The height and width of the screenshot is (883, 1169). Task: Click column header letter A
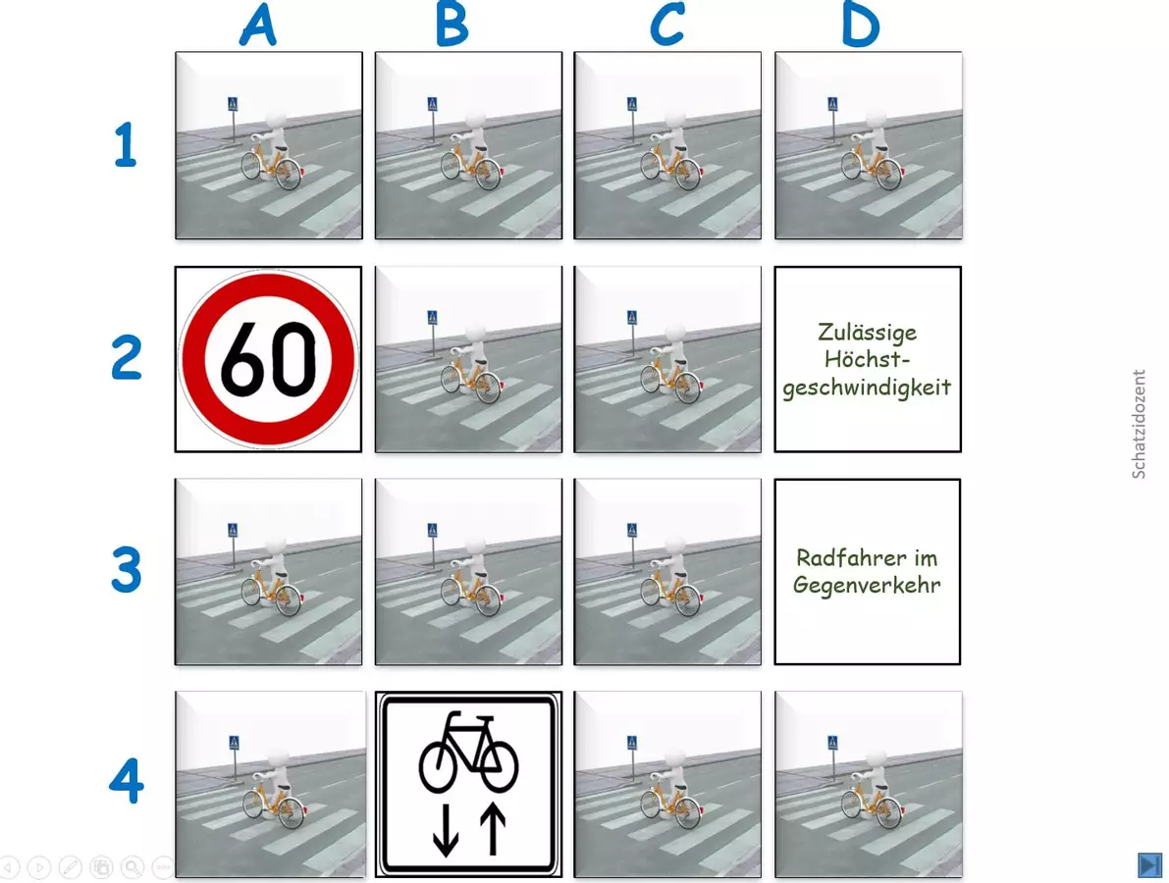pyautogui.click(x=258, y=25)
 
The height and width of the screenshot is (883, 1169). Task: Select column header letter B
pyautogui.click(x=452, y=25)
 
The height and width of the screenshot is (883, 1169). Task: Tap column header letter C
pyautogui.click(x=666, y=25)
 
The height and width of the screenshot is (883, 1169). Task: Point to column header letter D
pyautogui.click(x=861, y=26)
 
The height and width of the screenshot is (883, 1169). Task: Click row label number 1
pyautogui.click(x=126, y=144)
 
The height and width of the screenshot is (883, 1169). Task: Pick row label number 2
pyautogui.click(x=126, y=358)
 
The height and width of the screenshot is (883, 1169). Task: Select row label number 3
pyautogui.click(x=126, y=570)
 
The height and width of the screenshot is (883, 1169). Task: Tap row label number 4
pyautogui.click(x=126, y=781)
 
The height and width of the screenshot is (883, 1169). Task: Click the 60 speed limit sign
pyautogui.click(x=268, y=359)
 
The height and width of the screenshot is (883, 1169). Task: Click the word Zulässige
pyautogui.click(x=867, y=333)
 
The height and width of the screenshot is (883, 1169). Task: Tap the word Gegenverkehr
pyautogui.click(x=867, y=585)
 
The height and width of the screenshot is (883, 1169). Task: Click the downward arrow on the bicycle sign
pyautogui.click(x=445, y=829)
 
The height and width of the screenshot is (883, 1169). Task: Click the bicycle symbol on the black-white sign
pyautogui.click(x=468, y=752)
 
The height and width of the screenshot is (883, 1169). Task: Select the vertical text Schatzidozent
pyautogui.click(x=1139, y=424)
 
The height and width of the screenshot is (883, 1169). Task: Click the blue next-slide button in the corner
pyautogui.click(x=1150, y=865)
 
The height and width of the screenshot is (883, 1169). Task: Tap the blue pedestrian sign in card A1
pyautogui.click(x=233, y=104)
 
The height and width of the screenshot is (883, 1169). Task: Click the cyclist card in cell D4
pyautogui.click(x=869, y=784)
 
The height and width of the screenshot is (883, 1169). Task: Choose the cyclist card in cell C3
pyautogui.click(x=667, y=572)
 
